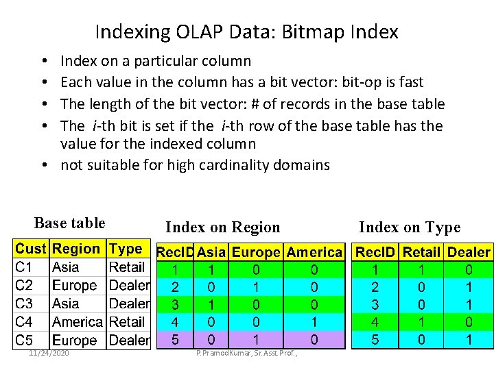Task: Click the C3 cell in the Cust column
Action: tap(25, 304)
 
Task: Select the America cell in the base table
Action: tap(78, 321)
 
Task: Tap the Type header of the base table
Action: tap(126, 249)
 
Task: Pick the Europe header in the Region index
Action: tap(256, 252)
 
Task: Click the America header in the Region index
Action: tap(314, 252)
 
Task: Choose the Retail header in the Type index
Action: tap(421, 252)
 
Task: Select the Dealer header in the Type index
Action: tap(469, 252)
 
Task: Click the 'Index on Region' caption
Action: tap(223, 227)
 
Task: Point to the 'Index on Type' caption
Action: tap(410, 227)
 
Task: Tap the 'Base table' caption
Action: tap(69, 223)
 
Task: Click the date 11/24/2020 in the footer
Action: tap(49, 352)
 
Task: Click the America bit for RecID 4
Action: tap(314, 321)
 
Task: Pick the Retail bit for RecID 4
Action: tap(421, 321)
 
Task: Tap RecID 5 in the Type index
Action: tap(375, 338)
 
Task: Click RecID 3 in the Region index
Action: tap(175, 304)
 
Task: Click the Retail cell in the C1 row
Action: tap(127, 267)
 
